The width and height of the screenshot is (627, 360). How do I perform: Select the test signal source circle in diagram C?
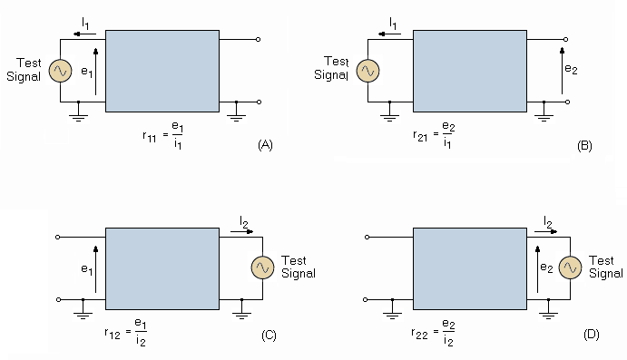coord(262,268)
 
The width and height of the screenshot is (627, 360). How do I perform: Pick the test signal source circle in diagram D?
coord(570,268)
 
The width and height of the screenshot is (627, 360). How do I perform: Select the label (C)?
coord(268,336)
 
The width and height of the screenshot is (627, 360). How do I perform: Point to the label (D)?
coord(591,336)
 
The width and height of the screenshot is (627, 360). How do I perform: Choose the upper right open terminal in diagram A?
coord(259,40)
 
